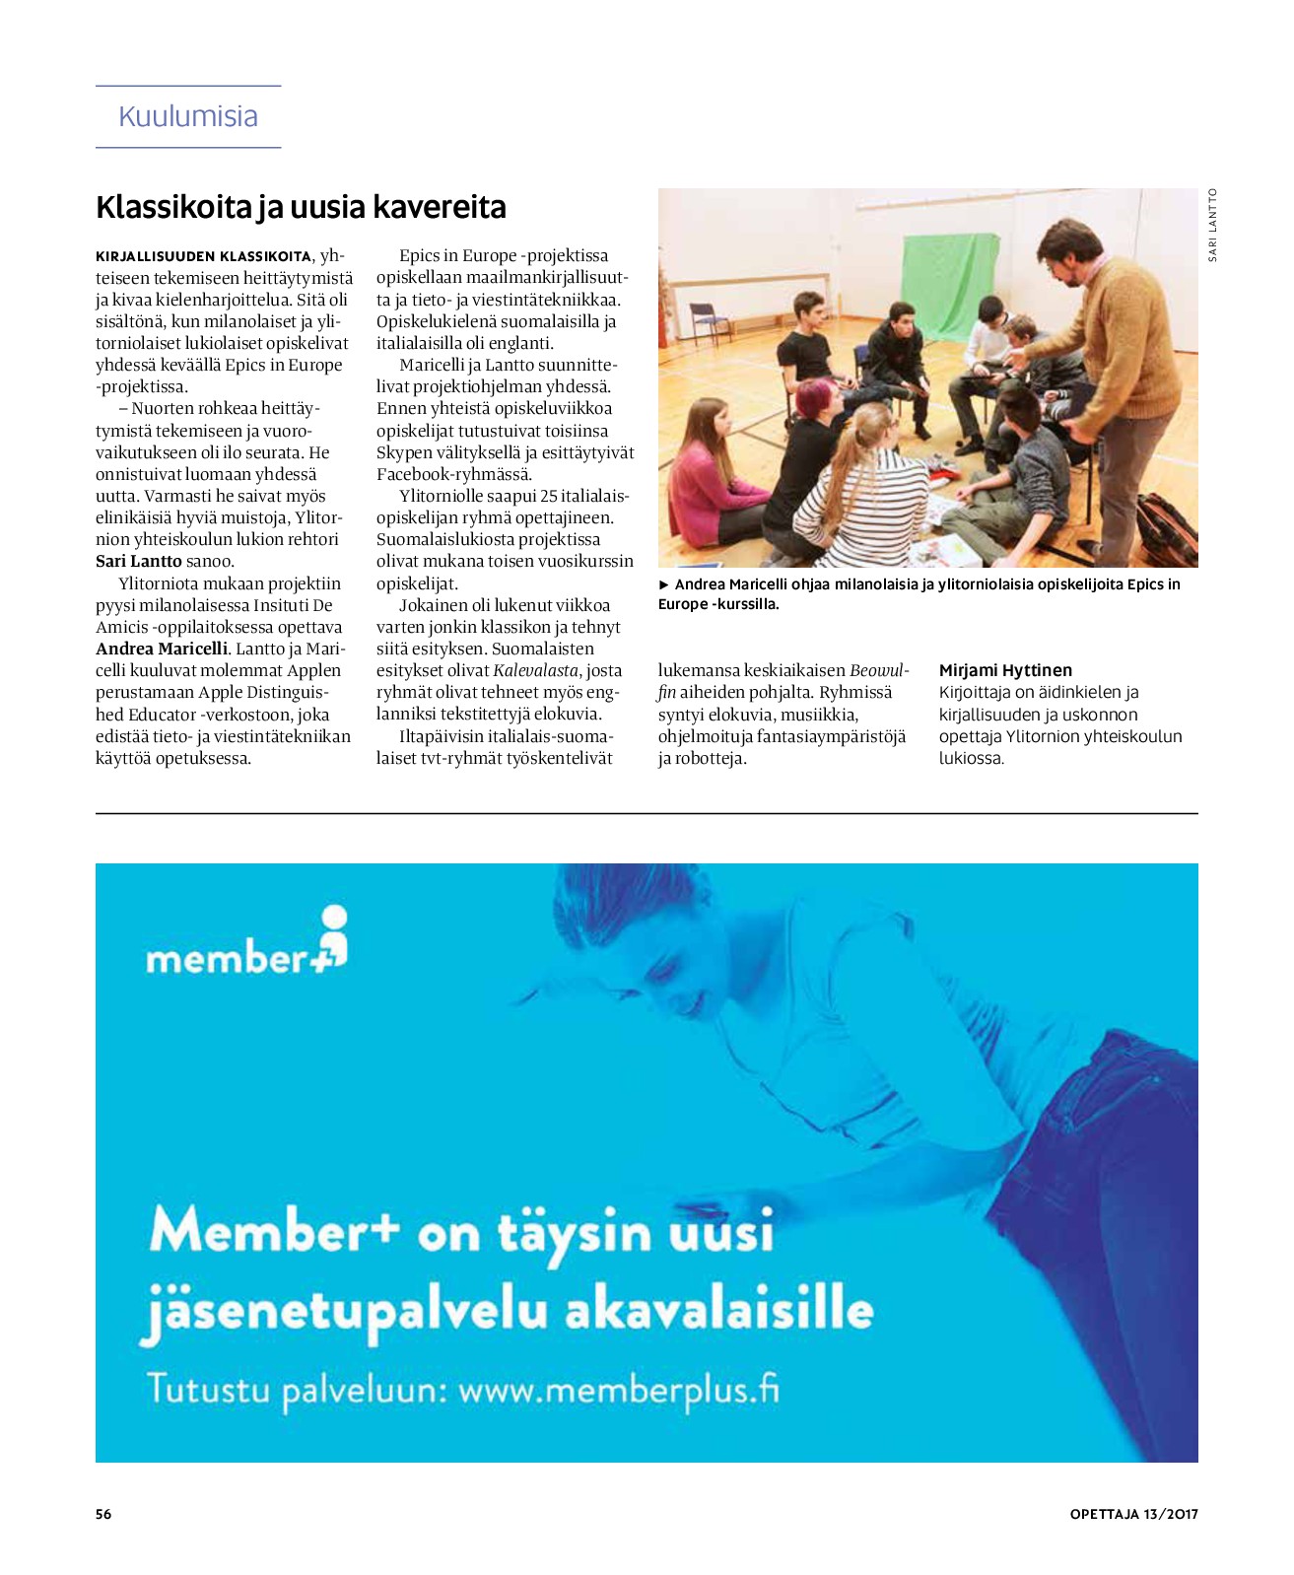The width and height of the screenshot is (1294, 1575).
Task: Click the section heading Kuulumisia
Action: click(x=187, y=116)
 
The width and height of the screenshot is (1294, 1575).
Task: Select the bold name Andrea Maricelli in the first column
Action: click(x=162, y=649)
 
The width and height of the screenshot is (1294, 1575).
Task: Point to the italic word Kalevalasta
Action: click(x=535, y=670)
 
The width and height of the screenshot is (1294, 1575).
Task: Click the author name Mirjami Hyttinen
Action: click(x=1005, y=670)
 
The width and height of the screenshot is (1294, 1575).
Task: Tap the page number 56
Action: click(x=103, y=1514)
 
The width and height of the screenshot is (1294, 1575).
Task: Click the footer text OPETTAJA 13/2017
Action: click(x=1133, y=1514)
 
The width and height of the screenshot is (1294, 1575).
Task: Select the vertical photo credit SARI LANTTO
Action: click(x=1212, y=225)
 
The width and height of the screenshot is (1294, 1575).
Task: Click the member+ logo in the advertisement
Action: click(x=246, y=944)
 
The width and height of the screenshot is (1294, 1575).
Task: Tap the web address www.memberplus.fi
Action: click(x=618, y=1390)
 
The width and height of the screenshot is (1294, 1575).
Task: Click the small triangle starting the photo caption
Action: click(x=664, y=584)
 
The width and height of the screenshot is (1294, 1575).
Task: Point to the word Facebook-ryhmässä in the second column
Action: click(x=454, y=474)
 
